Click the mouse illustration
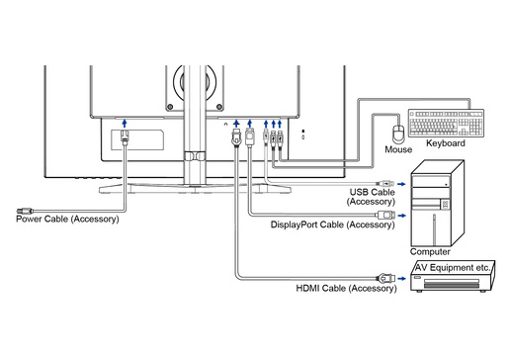398,135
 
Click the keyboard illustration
446,123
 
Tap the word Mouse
398,149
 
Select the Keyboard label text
446,143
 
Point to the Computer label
430,252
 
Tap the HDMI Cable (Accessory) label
346,289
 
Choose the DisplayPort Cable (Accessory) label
333,225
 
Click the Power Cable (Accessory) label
67,220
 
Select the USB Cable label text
373,192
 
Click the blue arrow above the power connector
125,124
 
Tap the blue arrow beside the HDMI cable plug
401,279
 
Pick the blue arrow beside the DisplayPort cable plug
401,216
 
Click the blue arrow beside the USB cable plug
401,184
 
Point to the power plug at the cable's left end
25,211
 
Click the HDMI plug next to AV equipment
385,279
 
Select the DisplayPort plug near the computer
385,216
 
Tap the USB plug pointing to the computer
385,184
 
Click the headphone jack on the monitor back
225,125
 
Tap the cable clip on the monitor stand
195,156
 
